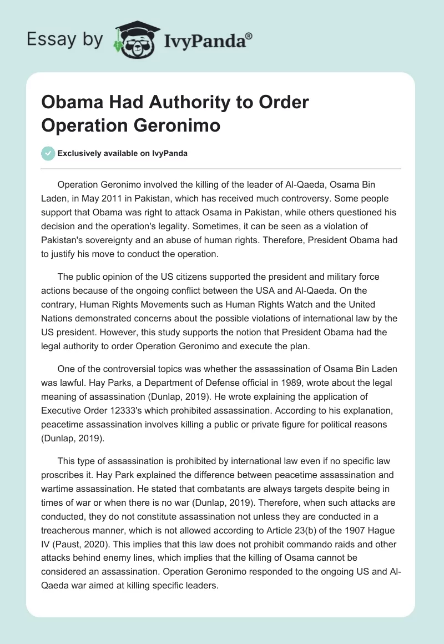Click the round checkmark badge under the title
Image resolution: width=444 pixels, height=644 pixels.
(48, 153)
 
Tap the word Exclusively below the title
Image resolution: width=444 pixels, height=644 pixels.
(82, 154)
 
